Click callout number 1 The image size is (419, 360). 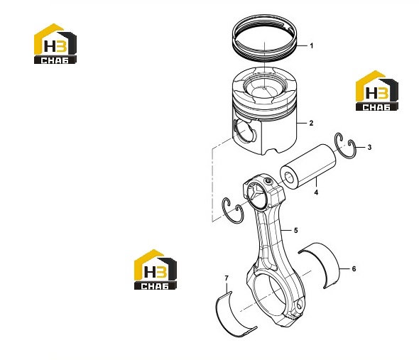(x=311, y=46)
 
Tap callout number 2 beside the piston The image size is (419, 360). (x=311, y=124)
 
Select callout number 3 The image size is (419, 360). (x=369, y=147)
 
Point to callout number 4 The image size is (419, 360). (x=316, y=192)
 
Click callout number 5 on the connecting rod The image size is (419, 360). (x=296, y=230)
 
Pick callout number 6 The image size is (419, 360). (x=354, y=268)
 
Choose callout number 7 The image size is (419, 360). (x=227, y=278)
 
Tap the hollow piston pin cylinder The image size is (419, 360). (x=308, y=165)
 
